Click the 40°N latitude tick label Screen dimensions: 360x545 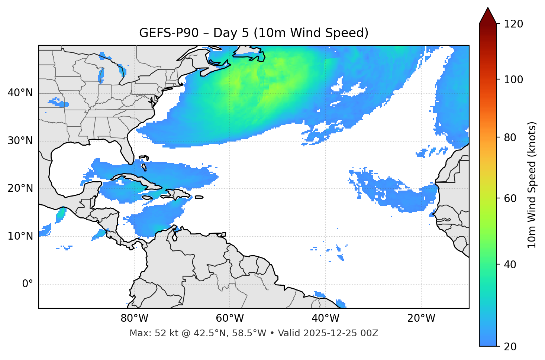click(x=20, y=93)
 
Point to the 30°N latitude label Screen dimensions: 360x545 click(x=20, y=141)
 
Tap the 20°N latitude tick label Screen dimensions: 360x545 click(x=20, y=188)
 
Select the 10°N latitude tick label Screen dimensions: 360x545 click(x=20, y=236)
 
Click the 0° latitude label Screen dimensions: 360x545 click(x=27, y=284)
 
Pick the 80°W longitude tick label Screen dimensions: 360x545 click(x=134, y=318)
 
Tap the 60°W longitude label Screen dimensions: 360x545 click(x=230, y=318)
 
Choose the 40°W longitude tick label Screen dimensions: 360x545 click(x=325, y=318)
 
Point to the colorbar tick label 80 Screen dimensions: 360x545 click(x=512, y=137)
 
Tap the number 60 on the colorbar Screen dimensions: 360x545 click(x=512, y=198)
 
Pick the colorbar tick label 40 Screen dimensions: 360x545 click(x=512, y=265)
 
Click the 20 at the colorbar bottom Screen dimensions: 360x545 click(x=512, y=347)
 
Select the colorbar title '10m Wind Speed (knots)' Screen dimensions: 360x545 click(x=532, y=185)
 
